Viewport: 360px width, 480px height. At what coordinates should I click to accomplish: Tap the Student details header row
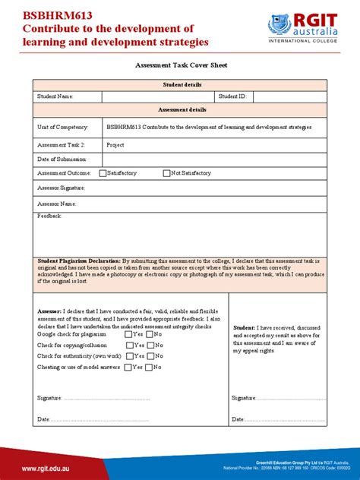tap(179, 84)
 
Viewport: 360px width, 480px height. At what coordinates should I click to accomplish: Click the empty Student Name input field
tap(158, 97)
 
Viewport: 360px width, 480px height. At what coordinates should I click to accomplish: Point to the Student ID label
tap(232, 97)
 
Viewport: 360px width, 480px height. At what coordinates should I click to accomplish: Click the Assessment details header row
tap(179, 110)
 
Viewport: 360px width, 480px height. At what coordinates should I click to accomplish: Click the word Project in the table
tap(115, 144)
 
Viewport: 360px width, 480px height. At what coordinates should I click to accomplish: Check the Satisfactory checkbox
tap(103, 173)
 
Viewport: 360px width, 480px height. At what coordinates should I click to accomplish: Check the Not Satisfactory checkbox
tap(167, 173)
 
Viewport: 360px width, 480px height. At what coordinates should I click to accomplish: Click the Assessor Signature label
tap(62, 187)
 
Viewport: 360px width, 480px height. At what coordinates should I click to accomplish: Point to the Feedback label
tap(50, 216)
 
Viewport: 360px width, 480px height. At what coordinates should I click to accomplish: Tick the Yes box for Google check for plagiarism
tap(130, 334)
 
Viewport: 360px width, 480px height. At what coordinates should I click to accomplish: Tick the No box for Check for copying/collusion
tap(150, 345)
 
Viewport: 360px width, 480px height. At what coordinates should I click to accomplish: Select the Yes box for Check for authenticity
tap(130, 355)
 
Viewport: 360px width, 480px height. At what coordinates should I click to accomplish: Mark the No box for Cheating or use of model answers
tap(150, 367)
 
